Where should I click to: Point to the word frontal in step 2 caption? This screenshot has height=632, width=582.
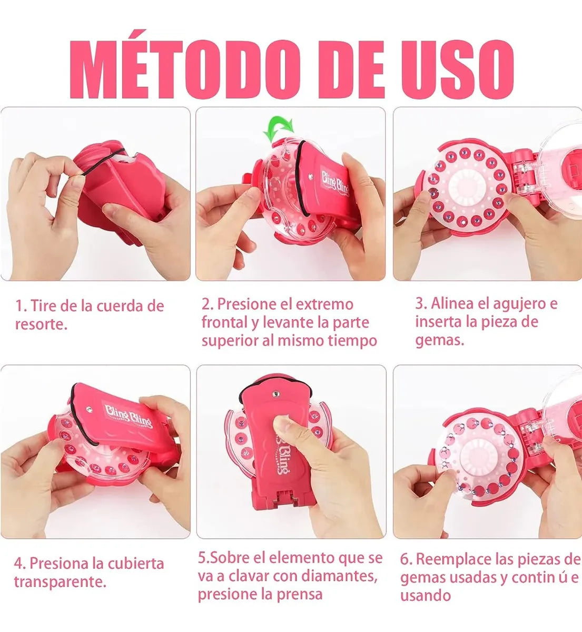click(x=225, y=322)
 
